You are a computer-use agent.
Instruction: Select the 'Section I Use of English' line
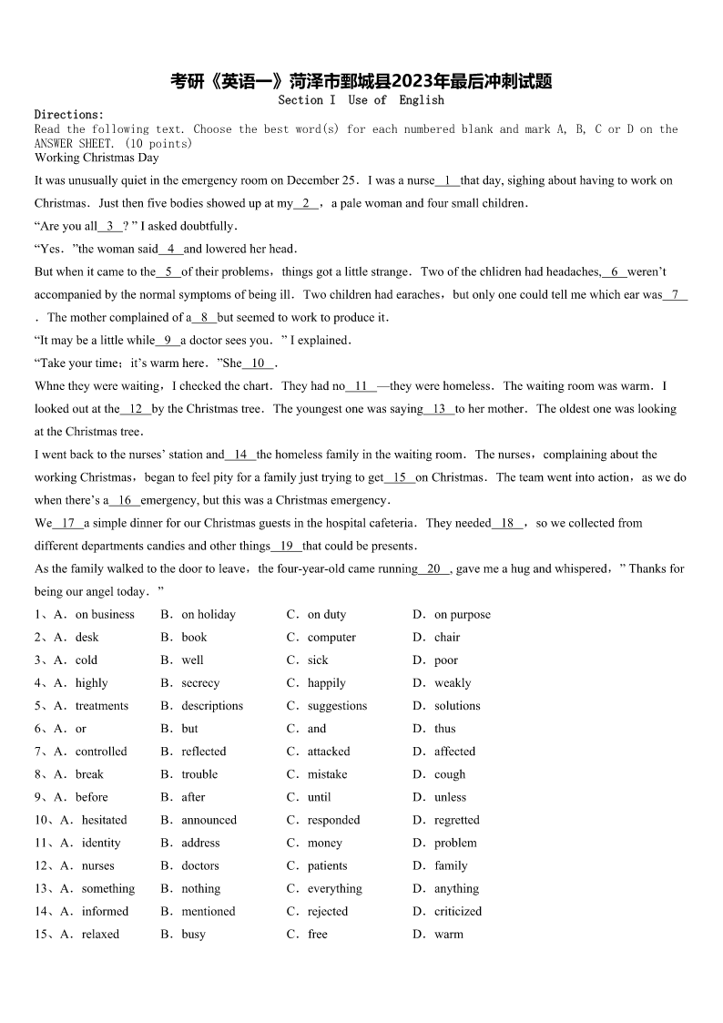pyautogui.click(x=361, y=100)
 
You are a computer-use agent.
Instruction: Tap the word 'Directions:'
pyautogui.click(x=69, y=115)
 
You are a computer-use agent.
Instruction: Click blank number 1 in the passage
pyautogui.click(x=448, y=180)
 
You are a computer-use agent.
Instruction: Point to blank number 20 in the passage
pyautogui.click(x=433, y=568)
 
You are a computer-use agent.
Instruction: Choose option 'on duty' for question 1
pyautogui.click(x=326, y=615)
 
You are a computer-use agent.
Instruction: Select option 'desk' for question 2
pyautogui.click(x=87, y=638)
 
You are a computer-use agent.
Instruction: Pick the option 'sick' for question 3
pyautogui.click(x=318, y=660)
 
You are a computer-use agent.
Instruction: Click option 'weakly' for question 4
pyautogui.click(x=453, y=683)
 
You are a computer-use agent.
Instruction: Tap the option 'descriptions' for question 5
pyautogui.click(x=212, y=706)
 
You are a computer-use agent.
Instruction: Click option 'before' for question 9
pyautogui.click(x=91, y=797)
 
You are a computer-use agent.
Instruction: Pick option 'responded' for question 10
pyautogui.click(x=333, y=820)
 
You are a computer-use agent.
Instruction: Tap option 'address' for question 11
pyautogui.click(x=200, y=843)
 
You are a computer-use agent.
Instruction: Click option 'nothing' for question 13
pyautogui.click(x=200, y=888)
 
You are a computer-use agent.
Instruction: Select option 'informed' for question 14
pyautogui.click(x=105, y=911)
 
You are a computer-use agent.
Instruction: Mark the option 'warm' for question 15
pyautogui.click(x=448, y=934)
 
